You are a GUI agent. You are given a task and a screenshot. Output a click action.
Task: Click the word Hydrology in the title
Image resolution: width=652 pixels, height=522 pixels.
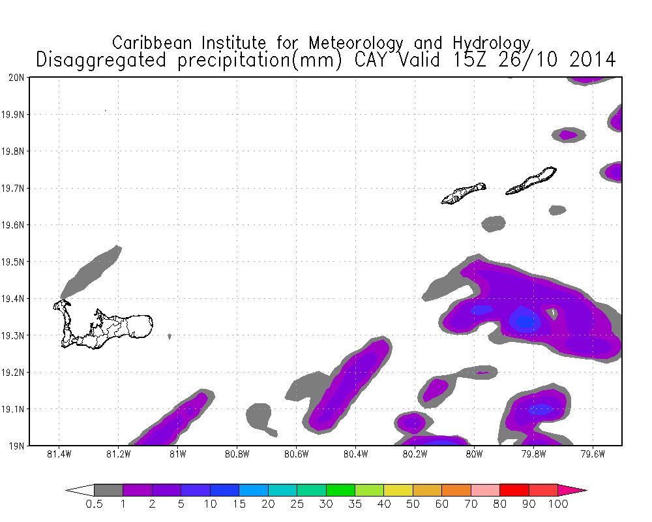click(x=494, y=43)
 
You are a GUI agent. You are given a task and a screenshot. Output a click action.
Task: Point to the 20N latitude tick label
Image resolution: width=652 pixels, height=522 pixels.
click(x=17, y=78)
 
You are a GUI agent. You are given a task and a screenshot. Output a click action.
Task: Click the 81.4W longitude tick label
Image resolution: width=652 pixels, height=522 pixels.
click(x=59, y=454)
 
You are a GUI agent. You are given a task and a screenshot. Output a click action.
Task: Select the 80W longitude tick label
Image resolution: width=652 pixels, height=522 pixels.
click(x=474, y=454)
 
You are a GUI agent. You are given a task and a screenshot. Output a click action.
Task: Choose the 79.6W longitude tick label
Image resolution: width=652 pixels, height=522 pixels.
click(x=592, y=454)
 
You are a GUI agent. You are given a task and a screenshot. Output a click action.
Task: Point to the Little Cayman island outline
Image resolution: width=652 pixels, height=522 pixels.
click(x=463, y=193)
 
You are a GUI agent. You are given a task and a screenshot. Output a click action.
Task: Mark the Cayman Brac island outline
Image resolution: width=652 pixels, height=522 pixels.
click(x=532, y=181)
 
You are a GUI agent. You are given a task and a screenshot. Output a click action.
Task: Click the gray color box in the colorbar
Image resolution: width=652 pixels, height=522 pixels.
click(x=108, y=490)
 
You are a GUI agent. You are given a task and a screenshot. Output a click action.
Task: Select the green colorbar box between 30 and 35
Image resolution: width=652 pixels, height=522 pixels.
click(x=340, y=490)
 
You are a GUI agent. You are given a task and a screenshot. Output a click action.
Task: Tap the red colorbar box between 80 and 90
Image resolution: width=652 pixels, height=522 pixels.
click(x=514, y=490)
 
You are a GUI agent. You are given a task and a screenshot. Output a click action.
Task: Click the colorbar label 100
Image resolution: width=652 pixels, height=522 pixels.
click(x=558, y=504)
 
